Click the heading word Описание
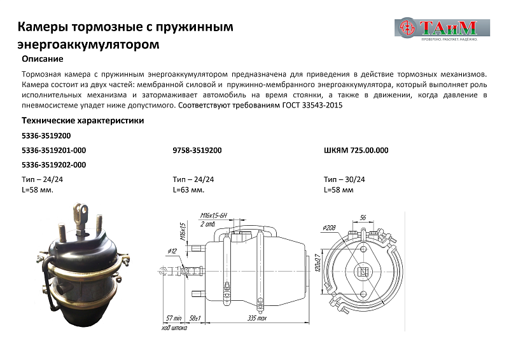click(42, 59)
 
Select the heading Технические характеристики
click(83, 120)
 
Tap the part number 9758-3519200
click(197, 150)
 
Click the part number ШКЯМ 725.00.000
click(356, 150)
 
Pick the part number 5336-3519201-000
click(53, 150)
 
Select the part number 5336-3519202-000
click(53, 165)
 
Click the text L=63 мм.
click(188, 190)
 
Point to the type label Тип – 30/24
click(344, 179)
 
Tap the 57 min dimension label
click(174, 317)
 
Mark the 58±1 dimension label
click(196, 317)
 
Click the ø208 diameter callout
click(329, 227)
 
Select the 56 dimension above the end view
click(362, 217)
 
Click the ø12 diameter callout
click(172, 250)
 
